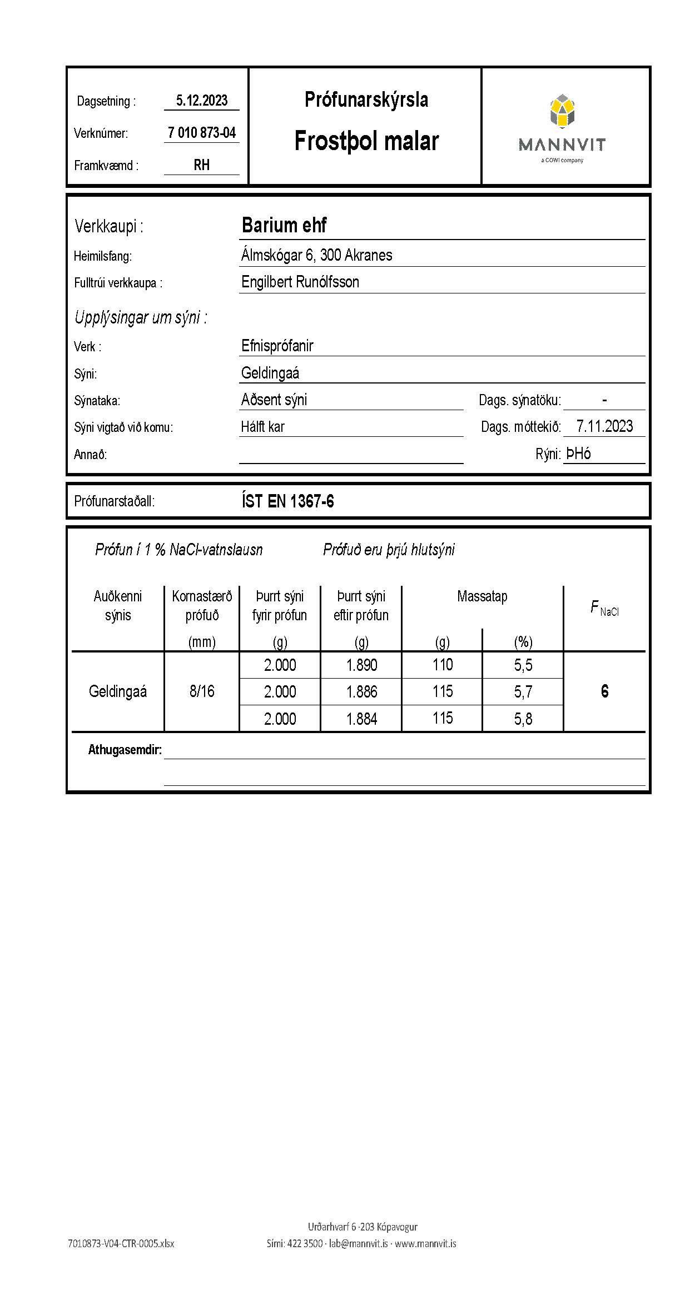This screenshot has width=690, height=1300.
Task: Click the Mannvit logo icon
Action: point(562,111)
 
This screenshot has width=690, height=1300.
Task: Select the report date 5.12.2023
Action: point(202,101)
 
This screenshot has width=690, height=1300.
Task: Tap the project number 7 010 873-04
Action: point(202,133)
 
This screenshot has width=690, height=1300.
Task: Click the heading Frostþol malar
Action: point(366,141)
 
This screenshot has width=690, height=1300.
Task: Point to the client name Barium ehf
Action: point(284,226)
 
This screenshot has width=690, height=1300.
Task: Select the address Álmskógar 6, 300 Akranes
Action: point(316,255)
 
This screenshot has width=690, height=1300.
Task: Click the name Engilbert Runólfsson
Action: point(300,282)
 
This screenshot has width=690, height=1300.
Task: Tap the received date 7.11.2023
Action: point(604,426)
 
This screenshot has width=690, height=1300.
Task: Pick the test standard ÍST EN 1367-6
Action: point(287,501)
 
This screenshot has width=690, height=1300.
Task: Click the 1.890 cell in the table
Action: point(361,665)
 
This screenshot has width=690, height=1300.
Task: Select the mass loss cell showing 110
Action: point(443,665)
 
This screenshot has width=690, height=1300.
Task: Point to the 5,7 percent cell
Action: point(523,692)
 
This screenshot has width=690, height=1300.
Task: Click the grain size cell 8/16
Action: point(202,691)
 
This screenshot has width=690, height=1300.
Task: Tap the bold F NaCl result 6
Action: point(604,691)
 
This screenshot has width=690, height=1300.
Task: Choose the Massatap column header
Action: point(482,597)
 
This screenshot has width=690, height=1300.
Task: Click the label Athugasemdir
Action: point(125,750)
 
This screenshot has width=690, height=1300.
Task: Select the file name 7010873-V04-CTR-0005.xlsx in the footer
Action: point(121,1243)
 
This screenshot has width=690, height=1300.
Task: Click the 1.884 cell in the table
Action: point(361,719)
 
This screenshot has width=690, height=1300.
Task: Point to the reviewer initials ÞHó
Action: point(578,454)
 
